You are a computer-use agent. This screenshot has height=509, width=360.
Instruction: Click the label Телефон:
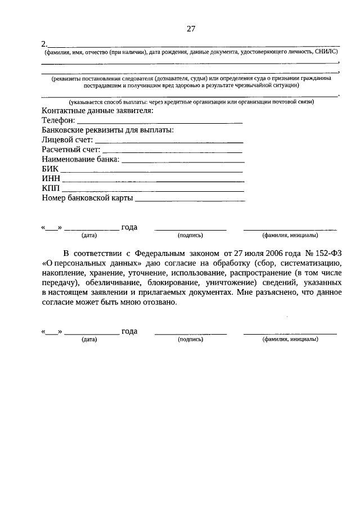[58, 120]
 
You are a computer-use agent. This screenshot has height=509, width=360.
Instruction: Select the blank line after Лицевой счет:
[169, 142]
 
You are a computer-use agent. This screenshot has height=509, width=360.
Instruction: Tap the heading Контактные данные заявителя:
[97, 111]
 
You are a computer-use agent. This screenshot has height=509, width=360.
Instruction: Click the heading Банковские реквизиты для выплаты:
[107, 130]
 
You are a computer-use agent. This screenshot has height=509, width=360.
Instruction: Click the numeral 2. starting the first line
[45, 44]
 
